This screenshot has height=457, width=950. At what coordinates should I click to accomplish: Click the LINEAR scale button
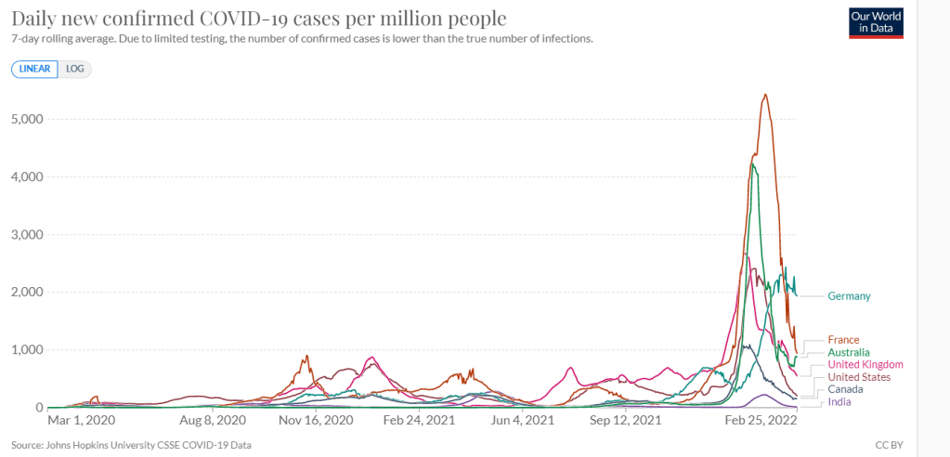35,69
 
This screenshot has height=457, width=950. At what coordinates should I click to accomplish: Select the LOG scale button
75,69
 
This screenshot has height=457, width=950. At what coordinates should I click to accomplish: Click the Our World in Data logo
877,23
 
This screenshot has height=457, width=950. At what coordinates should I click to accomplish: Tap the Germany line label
849,296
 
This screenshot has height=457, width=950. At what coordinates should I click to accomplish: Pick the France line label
843,340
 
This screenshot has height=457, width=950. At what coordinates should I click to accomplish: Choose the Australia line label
849,353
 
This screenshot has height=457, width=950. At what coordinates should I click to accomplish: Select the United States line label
859,377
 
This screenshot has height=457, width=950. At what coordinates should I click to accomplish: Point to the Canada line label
845,389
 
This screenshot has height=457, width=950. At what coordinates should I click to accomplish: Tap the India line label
839,401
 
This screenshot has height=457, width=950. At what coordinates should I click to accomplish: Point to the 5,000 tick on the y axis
23,119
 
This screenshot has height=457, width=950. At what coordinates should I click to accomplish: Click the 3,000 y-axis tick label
23,235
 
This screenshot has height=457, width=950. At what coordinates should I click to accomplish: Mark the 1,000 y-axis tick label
23,350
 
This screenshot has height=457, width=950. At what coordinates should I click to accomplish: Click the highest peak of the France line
764,94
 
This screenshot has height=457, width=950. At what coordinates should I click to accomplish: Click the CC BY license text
888,444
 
